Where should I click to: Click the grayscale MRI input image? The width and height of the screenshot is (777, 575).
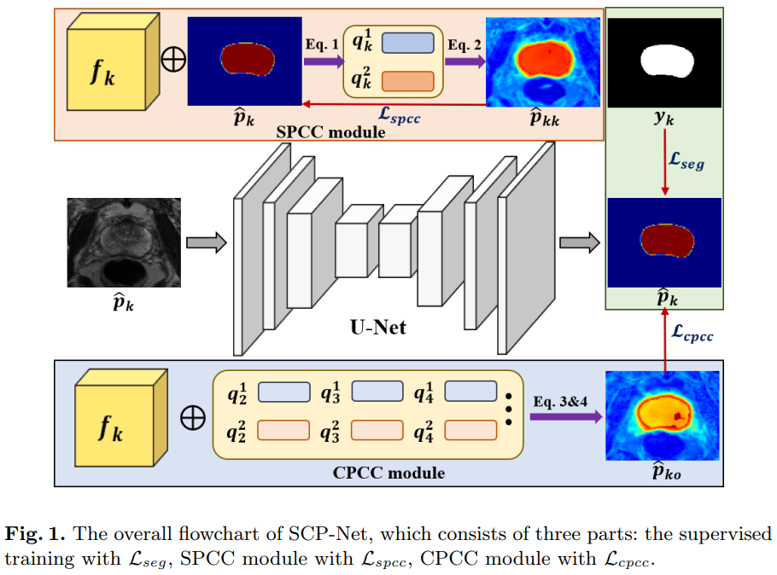(124, 242)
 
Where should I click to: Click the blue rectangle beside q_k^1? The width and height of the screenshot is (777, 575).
(408, 44)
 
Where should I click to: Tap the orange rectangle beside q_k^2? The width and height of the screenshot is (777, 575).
(408, 82)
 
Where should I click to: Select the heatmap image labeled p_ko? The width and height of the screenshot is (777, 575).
(662, 415)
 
